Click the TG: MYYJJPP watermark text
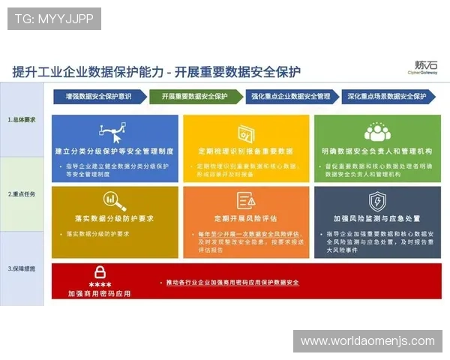coord(54,19)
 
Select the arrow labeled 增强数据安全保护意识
coord(97,96)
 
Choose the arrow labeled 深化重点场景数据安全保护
coord(387,96)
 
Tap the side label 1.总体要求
coord(22,119)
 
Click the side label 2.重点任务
coord(22,193)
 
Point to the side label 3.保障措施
coord(22,268)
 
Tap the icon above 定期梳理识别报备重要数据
coord(246,133)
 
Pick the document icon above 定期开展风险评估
coord(246,200)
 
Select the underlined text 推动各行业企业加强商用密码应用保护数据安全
coord(232,282)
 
